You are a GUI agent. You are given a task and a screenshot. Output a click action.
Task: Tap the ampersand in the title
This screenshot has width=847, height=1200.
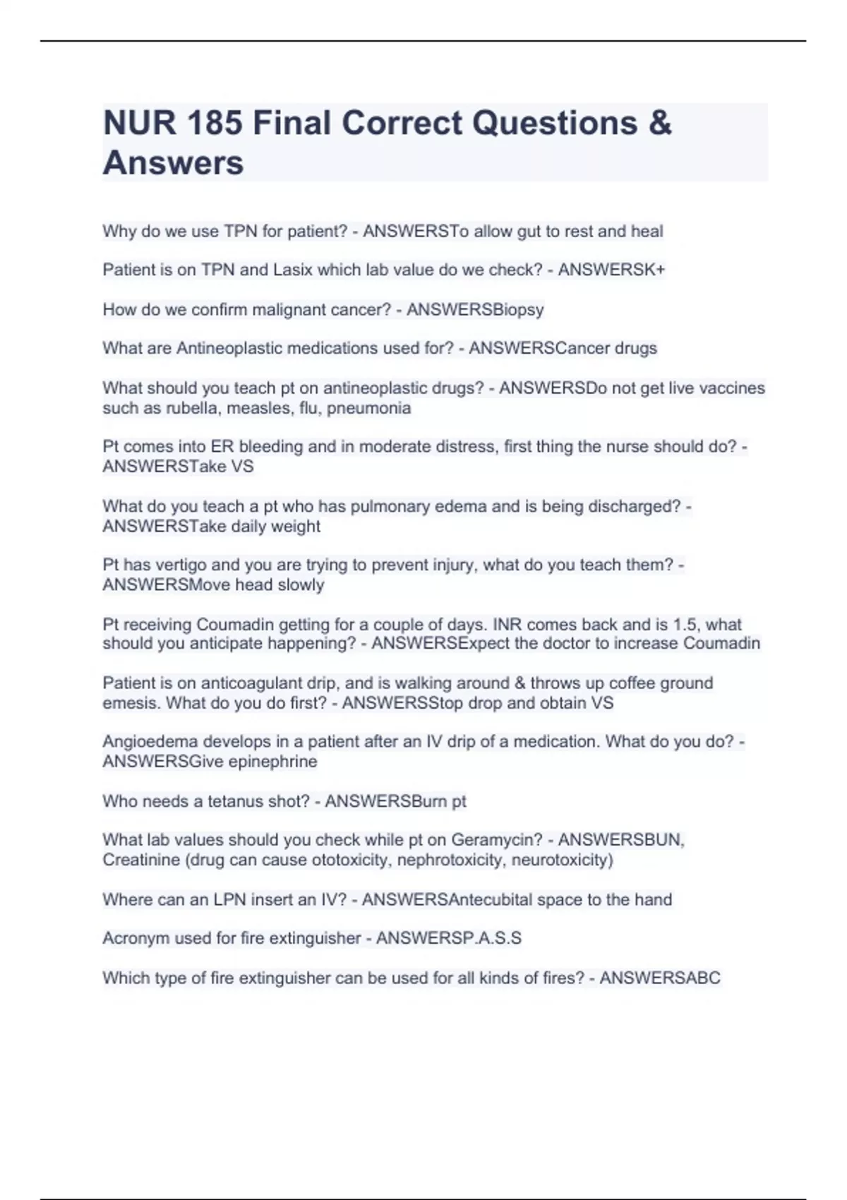[x=659, y=124]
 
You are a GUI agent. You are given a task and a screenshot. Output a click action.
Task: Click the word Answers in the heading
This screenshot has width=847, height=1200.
[x=173, y=163]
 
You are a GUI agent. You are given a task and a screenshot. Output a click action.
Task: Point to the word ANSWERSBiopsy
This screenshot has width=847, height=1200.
[x=475, y=309]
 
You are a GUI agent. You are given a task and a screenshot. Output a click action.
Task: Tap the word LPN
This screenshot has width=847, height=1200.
[x=234, y=899]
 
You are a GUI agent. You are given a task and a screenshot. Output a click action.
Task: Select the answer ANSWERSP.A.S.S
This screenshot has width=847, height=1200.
[x=449, y=938]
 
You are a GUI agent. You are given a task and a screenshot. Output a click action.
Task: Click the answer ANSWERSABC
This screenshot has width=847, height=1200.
[x=660, y=978]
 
